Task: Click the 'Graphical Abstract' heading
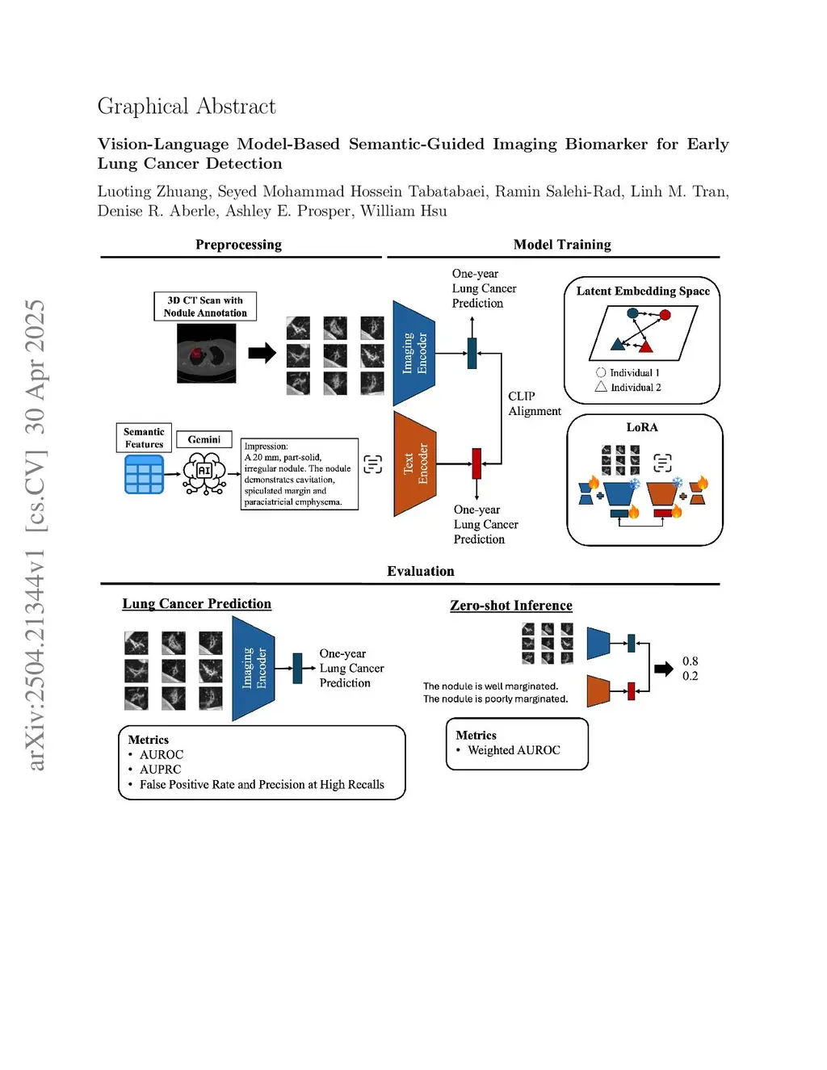(x=187, y=107)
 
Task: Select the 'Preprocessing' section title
(x=238, y=245)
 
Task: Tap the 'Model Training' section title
(x=562, y=245)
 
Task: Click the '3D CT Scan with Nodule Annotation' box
(x=205, y=307)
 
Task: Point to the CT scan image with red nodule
(x=207, y=353)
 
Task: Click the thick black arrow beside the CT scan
(x=262, y=353)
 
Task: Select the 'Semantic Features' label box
(x=144, y=438)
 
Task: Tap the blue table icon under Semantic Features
(x=145, y=474)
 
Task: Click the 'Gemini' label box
(x=204, y=439)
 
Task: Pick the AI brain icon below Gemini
(x=204, y=473)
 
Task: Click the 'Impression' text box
(x=299, y=474)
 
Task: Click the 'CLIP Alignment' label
(x=534, y=404)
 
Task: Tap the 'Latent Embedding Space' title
(x=643, y=292)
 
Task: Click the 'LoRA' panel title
(x=642, y=427)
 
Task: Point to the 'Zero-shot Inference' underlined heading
(x=511, y=606)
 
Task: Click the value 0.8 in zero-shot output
(x=690, y=661)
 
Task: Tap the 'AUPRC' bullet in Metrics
(x=160, y=770)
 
